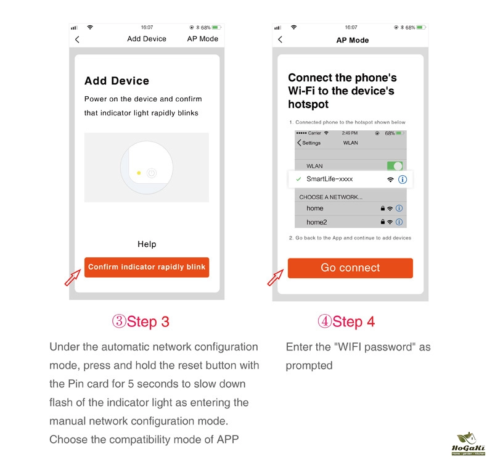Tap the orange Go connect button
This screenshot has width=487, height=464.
(x=350, y=268)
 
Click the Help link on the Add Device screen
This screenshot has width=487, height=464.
(x=147, y=244)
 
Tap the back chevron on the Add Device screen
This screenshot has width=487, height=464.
(x=77, y=39)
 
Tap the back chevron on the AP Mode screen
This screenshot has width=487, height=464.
(x=280, y=39)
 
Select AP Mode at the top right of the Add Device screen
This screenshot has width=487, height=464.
(x=202, y=39)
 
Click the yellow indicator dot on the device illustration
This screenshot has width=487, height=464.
(x=139, y=173)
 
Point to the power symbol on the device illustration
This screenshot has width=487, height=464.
(x=152, y=173)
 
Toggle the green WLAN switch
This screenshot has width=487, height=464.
(x=395, y=166)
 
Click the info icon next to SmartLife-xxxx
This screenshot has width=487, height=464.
(x=403, y=180)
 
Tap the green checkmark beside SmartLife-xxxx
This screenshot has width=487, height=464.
(x=298, y=179)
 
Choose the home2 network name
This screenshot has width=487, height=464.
(x=316, y=222)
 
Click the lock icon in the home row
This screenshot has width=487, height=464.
(x=383, y=208)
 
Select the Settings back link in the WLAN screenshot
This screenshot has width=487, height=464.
(x=309, y=143)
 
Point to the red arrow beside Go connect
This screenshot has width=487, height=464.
(x=275, y=277)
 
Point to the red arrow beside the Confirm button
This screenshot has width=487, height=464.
(x=73, y=277)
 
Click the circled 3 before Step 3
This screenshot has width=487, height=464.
(x=119, y=321)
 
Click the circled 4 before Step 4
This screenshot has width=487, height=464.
(x=324, y=321)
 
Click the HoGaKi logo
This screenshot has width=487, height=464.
(x=468, y=444)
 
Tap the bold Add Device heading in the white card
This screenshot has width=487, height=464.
(x=117, y=81)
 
